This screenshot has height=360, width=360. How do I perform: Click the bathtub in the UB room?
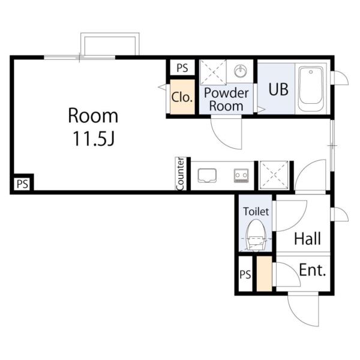coord(311,89)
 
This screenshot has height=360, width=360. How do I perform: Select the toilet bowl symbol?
coord(256,235)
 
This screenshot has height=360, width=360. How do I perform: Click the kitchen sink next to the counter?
coord(207,175)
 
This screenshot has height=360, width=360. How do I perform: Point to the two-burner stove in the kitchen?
coord(241,176)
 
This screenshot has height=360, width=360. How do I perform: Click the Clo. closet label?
coord(182,97)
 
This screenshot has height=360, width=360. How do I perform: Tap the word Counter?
coord(181,174)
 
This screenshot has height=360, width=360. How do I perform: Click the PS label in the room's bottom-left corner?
coord(23,184)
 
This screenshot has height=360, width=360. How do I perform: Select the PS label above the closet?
coord(182,68)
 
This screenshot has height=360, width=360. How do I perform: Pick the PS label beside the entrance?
coord(245,274)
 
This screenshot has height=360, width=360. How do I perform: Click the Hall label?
coord(307,239)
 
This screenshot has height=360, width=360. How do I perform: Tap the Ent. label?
coord(313,270)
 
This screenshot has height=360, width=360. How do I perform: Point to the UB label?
coord(278,89)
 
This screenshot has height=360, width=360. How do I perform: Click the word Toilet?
coord(256,211)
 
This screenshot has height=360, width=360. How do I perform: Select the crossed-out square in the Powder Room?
coord(213,72)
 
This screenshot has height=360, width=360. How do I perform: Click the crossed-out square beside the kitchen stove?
coord(274,175)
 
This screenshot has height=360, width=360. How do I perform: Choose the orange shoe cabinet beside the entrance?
coord(264,274)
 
